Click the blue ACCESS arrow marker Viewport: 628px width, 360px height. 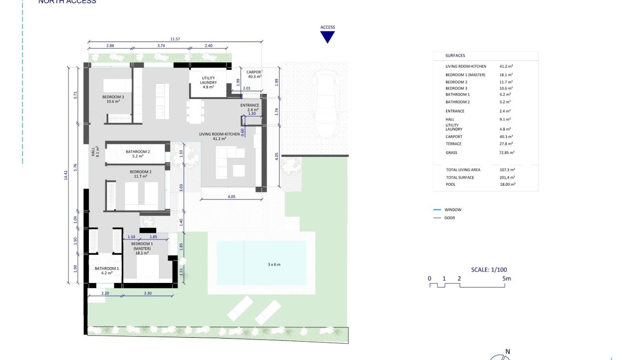click(x=328, y=37)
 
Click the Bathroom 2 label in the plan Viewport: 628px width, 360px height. click(x=138, y=154)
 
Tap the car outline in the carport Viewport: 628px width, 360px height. click(x=327, y=103)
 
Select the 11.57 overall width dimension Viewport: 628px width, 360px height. click(x=175, y=39)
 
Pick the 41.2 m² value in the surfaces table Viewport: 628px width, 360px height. click(x=506, y=67)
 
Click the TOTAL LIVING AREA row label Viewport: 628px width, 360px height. click(x=463, y=170)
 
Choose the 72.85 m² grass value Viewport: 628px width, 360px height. click(x=507, y=153)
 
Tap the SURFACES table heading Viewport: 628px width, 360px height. click(x=455, y=56)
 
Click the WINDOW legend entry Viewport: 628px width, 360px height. click(x=452, y=210)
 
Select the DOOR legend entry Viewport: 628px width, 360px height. click(x=449, y=218)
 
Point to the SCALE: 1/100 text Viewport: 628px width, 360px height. click(x=489, y=270)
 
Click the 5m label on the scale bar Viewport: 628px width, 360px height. click(x=506, y=279)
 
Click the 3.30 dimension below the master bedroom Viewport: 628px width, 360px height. click(x=148, y=293)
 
